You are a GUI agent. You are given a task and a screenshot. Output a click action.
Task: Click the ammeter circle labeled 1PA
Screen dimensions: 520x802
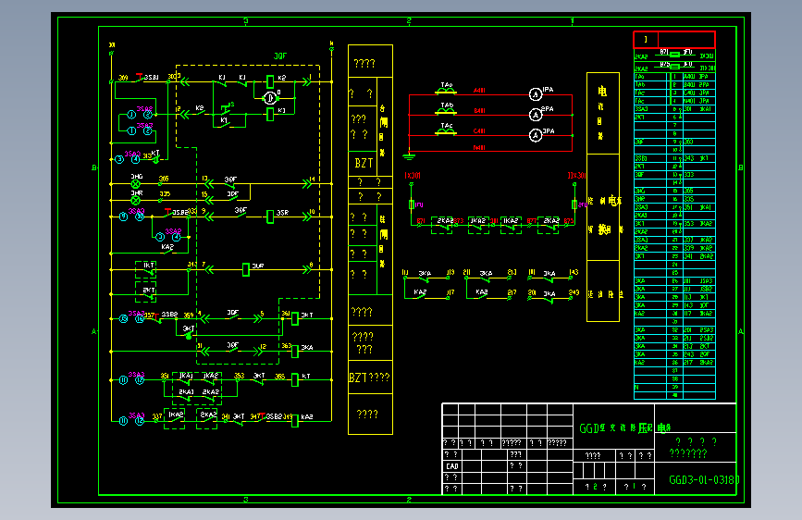pyautogui.click(x=534, y=94)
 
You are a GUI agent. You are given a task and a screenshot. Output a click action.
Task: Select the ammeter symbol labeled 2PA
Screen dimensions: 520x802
pyautogui.click(x=534, y=115)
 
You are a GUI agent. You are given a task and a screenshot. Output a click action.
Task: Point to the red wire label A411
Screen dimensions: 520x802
pyautogui.click(x=479, y=91)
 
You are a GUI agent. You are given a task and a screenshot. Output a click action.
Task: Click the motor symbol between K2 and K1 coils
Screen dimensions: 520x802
pyautogui.click(x=269, y=97)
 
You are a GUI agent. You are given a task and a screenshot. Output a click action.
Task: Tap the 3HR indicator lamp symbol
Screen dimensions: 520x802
pyautogui.click(x=135, y=199)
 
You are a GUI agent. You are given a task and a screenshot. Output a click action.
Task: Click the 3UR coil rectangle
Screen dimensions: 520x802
pyautogui.click(x=247, y=269)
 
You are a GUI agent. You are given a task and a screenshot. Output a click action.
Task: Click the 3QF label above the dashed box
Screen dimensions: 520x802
pyautogui.click(x=280, y=56)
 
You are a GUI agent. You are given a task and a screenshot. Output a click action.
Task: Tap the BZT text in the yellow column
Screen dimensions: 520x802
pyautogui.click(x=364, y=163)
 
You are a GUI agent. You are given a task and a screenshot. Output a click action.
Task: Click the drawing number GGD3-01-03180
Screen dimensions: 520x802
pyautogui.click(x=703, y=480)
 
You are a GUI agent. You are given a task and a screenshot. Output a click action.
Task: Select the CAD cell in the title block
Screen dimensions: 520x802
pyautogui.click(x=451, y=466)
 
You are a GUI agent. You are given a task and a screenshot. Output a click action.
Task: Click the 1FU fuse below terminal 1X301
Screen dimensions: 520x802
pyautogui.click(x=411, y=204)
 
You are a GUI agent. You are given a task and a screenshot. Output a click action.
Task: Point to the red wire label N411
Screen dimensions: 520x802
pyautogui.click(x=479, y=151)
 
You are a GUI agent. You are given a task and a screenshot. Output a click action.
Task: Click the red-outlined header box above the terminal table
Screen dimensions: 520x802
pyautogui.click(x=673, y=40)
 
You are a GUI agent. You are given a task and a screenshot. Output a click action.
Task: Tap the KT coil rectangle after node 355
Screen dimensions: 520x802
pyautogui.click(x=295, y=378)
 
